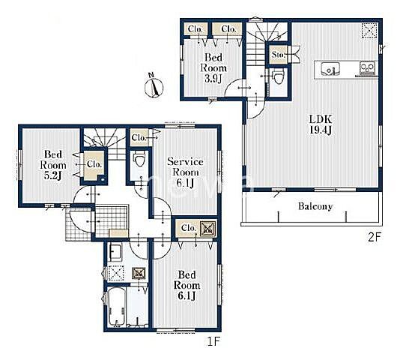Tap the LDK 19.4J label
(321, 124)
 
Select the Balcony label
(315, 206)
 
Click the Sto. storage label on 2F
(278, 55)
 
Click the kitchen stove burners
(368, 68)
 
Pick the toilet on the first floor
(139, 159)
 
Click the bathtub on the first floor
(117, 307)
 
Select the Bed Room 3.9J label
(213, 68)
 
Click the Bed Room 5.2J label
(52, 165)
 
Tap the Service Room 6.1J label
(185, 172)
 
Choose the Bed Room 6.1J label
(187, 285)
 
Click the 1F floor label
(213, 341)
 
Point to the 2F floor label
(374, 238)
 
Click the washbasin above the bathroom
(115, 252)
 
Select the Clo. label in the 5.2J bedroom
(94, 164)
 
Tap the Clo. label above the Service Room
(139, 138)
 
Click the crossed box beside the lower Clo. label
(208, 228)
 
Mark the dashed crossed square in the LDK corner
(369, 31)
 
